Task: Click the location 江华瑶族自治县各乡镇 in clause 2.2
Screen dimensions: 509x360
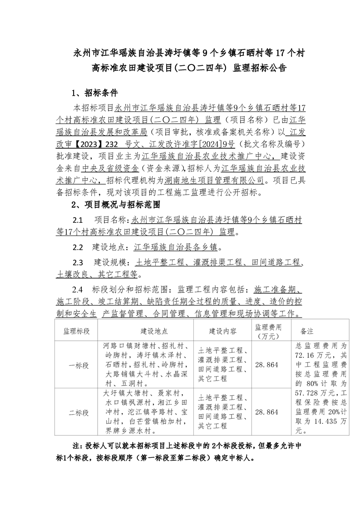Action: pos(177,248)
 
